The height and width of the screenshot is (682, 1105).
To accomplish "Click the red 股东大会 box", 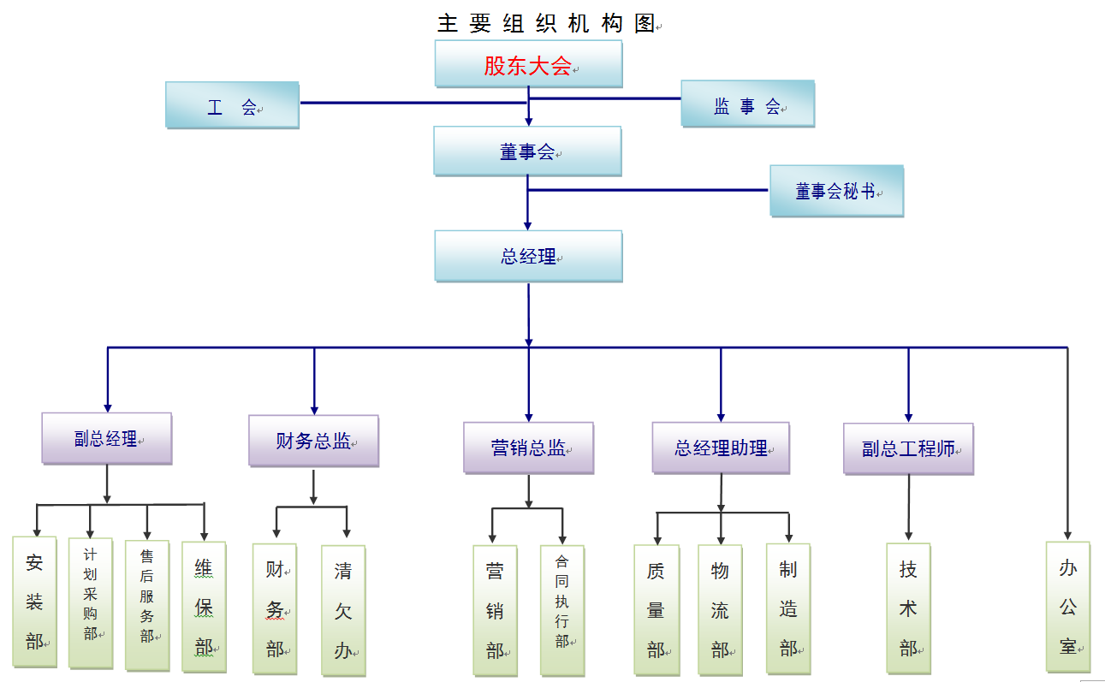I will pos(528,64).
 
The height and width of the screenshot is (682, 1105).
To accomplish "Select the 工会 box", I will pos(232,105).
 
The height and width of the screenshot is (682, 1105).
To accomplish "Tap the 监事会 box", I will pos(747,104).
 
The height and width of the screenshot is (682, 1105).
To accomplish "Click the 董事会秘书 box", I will pos(836,191).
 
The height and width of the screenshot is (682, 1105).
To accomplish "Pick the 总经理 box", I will pos(528,256).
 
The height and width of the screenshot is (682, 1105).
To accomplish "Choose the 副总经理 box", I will pos(107,439).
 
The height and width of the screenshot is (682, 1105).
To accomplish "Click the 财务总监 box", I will pos(313,441).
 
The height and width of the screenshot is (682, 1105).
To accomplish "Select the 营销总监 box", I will pos(528,448).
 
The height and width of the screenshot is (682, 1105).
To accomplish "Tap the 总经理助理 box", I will pos(721,448).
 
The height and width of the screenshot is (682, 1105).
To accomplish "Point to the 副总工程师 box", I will pos(908,448).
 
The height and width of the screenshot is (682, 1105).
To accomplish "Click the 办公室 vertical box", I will pos(1067,607).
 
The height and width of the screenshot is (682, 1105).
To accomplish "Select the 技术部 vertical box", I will pos(908,608).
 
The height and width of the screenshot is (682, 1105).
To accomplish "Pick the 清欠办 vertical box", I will pos(343,610).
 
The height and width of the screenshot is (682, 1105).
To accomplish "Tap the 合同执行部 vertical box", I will pos(562,610).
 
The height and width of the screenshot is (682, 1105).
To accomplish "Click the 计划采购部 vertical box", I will pos(91,603).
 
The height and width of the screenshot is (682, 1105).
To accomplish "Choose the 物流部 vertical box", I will pos(720,609).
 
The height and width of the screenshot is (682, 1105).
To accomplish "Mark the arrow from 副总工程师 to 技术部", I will pos(908,508).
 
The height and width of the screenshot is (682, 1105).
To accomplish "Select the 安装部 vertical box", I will pos(34,602).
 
